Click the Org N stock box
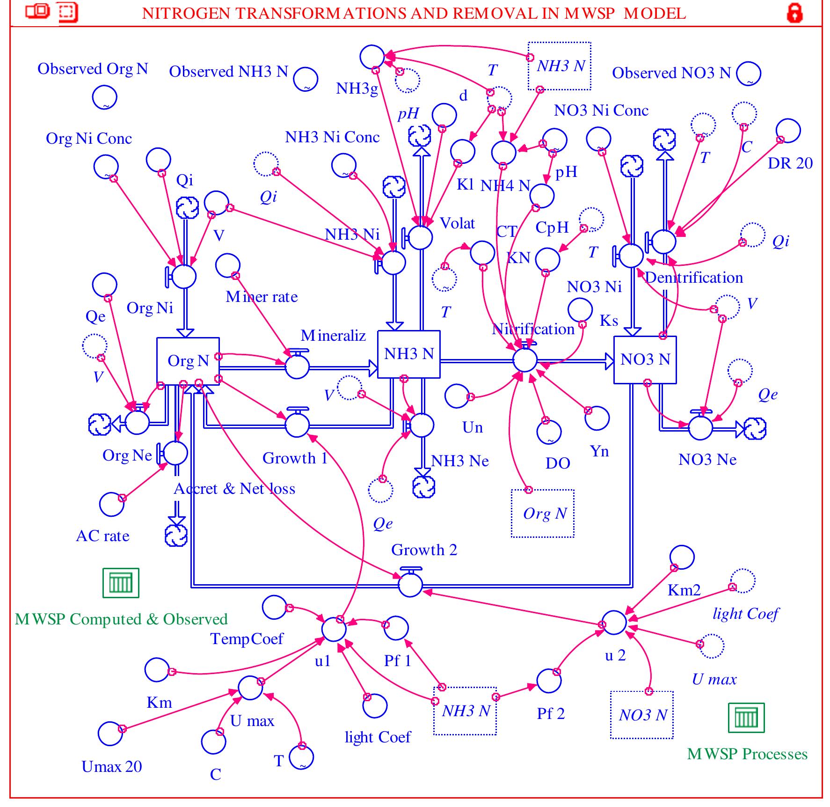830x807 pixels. (x=188, y=361)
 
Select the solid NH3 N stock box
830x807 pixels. (x=408, y=354)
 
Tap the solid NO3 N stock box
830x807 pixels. (x=645, y=359)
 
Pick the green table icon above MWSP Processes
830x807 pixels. (x=746, y=718)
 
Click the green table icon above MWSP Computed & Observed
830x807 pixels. (x=121, y=583)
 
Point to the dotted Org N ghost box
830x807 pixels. (x=542, y=514)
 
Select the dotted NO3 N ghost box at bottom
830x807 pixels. (x=641, y=715)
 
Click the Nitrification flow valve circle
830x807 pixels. (x=525, y=360)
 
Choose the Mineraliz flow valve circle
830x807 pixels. (x=297, y=367)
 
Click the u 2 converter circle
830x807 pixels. (x=614, y=623)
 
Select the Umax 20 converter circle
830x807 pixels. (x=110, y=734)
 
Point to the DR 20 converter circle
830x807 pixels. (x=788, y=131)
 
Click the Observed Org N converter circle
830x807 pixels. (x=104, y=97)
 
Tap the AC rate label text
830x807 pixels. (x=102, y=536)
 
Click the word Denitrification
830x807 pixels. (x=693, y=278)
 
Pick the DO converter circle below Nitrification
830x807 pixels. (x=549, y=432)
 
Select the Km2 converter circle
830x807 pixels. (x=682, y=557)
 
